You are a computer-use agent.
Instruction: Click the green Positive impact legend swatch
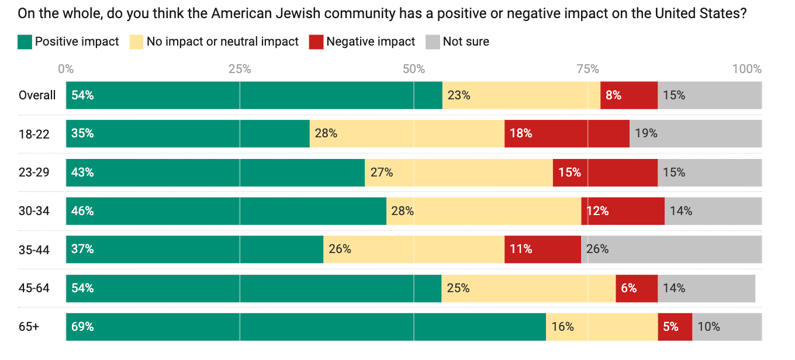(x=25, y=41)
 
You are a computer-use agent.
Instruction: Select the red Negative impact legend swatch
(x=316, y=41)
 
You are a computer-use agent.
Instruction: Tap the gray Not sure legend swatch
(x=432, y=41)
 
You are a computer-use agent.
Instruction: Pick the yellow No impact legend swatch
(x=136, y=41)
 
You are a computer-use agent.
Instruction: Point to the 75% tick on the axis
(x=587, y=69)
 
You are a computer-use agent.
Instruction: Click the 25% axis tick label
(x=240, y=69)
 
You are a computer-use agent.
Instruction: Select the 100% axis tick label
(x=747, y=69)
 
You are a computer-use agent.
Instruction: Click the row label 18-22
(x=34, y=134)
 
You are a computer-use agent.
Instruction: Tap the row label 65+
(x=29, y=327)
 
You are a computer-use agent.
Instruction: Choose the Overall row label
(x=37, y=95)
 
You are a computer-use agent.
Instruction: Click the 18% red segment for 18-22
(x=566, y=133)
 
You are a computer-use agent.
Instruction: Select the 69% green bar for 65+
(x=306, y=327)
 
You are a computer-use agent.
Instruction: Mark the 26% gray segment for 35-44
(x=671, y=249)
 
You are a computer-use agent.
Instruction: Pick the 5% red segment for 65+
(x=675, y=327)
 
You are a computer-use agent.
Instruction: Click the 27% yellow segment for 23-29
(x=458, y=172)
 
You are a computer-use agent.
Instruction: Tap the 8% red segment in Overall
(x=628, y=95)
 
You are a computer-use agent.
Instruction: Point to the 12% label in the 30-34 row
(x=597, y=211)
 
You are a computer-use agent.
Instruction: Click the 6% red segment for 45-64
(x=637, y=288)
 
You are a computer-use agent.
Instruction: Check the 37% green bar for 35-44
(x=195, y=249)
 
